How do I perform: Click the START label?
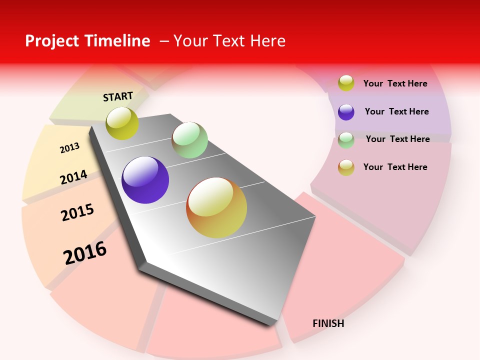tap(118, 96)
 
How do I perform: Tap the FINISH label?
tap(328, 323)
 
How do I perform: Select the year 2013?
tap(69, 148)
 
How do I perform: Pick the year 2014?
tap(73, 177)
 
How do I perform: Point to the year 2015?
tap(77, 212)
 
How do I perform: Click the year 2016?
tap(85, 253)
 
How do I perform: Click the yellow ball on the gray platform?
tap(122, 123)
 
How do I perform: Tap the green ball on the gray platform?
tap(189, 140)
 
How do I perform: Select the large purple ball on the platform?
tap(145, 180)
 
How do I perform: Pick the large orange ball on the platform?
tap(216, 207)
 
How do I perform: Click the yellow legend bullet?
tap(346, 83)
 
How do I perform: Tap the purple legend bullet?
tap(346, 112)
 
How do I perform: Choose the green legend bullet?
tap(346, 140)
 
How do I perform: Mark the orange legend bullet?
tap(346, 167)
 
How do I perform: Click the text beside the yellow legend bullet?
tap(395, 83)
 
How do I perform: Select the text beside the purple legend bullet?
tap(396, 111)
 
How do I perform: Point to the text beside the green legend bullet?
tap(397, 139)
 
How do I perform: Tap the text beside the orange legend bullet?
tap(395, 167)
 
